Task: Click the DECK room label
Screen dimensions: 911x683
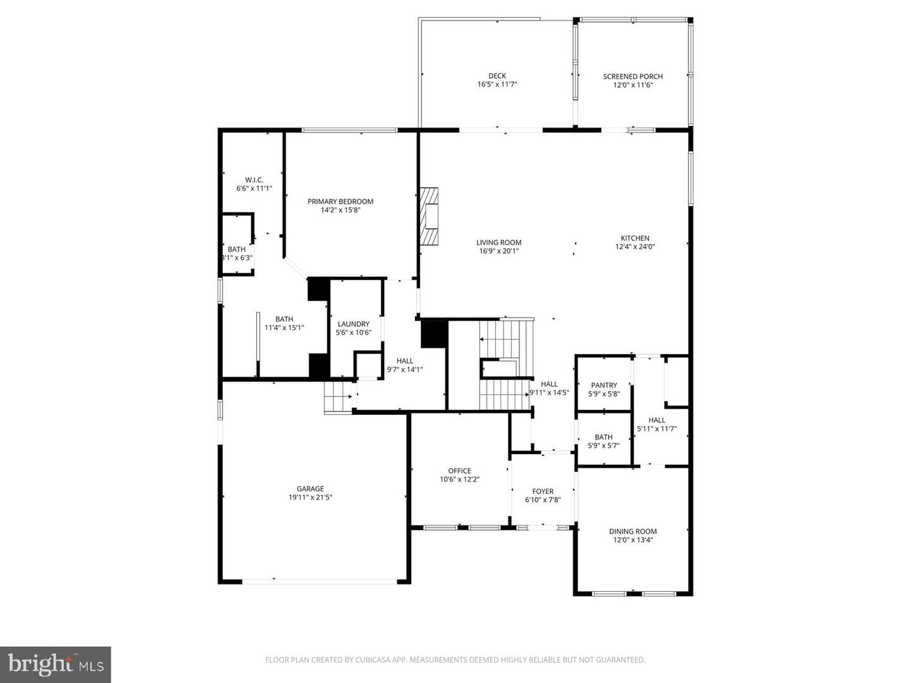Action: click(497, 76)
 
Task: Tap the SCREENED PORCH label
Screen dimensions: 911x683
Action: click(633, 77)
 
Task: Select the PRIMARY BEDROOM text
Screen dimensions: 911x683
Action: click(340, 202)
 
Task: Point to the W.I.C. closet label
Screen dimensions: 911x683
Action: click(254, 180)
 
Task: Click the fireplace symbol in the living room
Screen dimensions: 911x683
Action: click(429, 217)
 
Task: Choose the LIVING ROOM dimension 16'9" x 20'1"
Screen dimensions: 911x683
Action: click(499, 251)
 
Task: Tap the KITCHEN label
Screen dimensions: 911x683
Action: click(635, 238)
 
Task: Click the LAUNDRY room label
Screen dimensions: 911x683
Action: click(354, 324)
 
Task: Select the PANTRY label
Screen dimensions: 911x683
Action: click(604, 385)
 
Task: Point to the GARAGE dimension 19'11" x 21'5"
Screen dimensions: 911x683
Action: click(311, 497)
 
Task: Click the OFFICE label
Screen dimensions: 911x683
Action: click(459, 471)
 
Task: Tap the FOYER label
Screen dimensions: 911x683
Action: click(543, 491)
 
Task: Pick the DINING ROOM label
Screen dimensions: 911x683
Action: click(633, 531)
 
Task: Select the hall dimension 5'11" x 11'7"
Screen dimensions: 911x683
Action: click(657, 429)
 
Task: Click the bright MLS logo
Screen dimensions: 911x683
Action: click(55, 665)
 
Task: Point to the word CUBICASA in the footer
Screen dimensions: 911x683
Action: click(371, 660)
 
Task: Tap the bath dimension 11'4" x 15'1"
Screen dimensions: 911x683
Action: click(284, 328)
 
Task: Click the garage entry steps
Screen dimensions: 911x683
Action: click(338, 397)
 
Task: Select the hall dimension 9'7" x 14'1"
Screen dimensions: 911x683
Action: click(405, 369)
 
